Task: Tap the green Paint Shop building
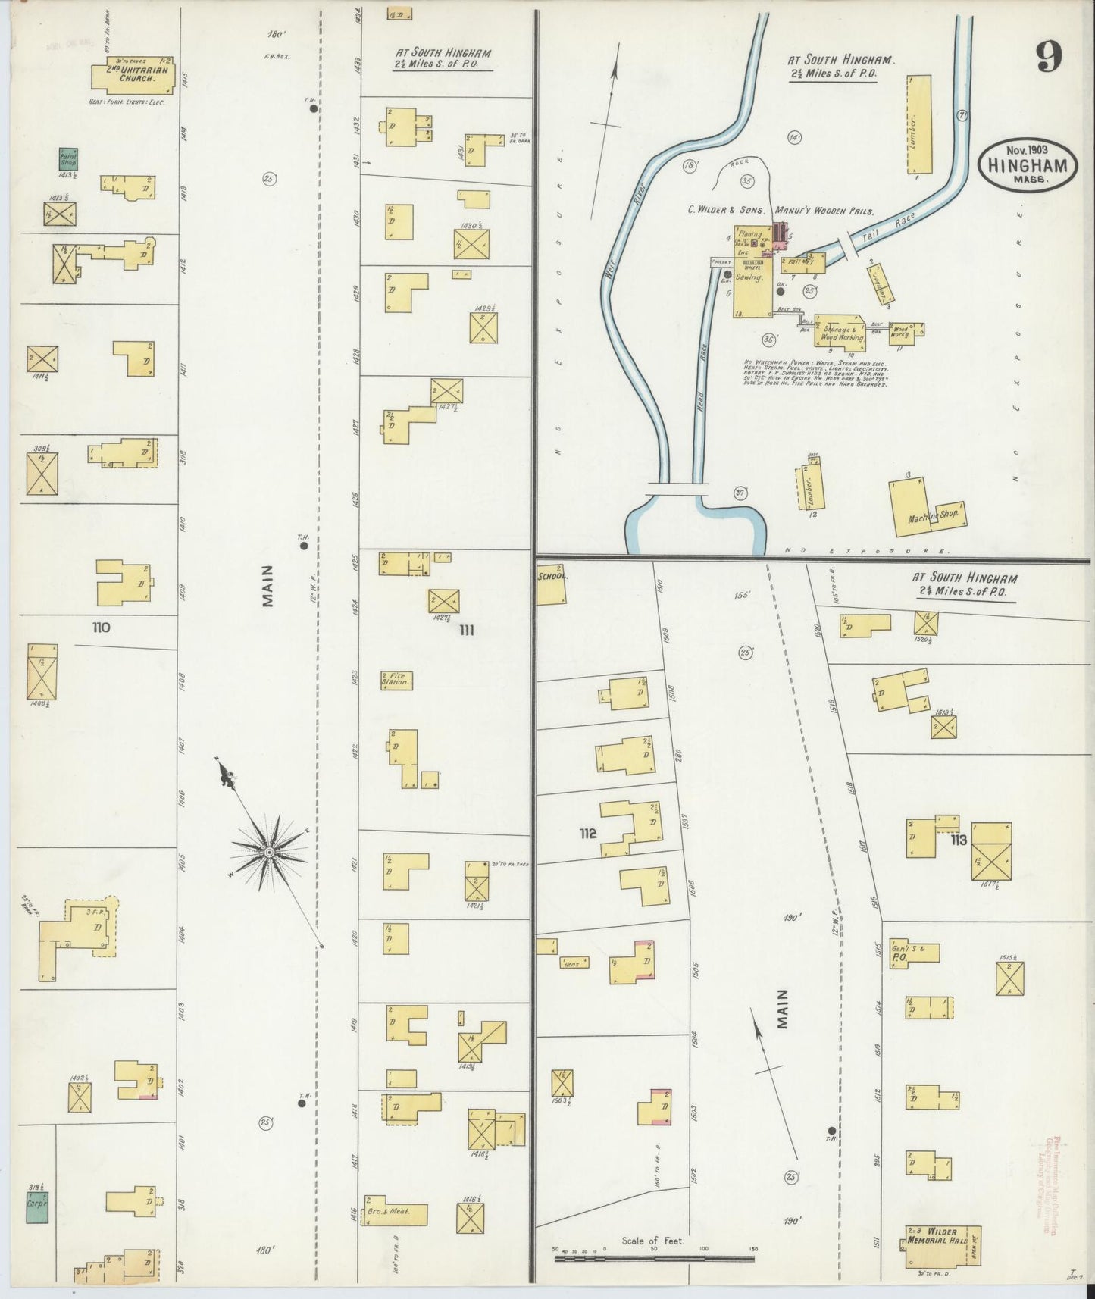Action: (69, 160)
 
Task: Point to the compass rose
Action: (269, 852)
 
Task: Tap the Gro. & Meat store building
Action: (395, 1210)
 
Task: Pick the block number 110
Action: (101, 628)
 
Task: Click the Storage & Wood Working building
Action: (840, 331)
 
